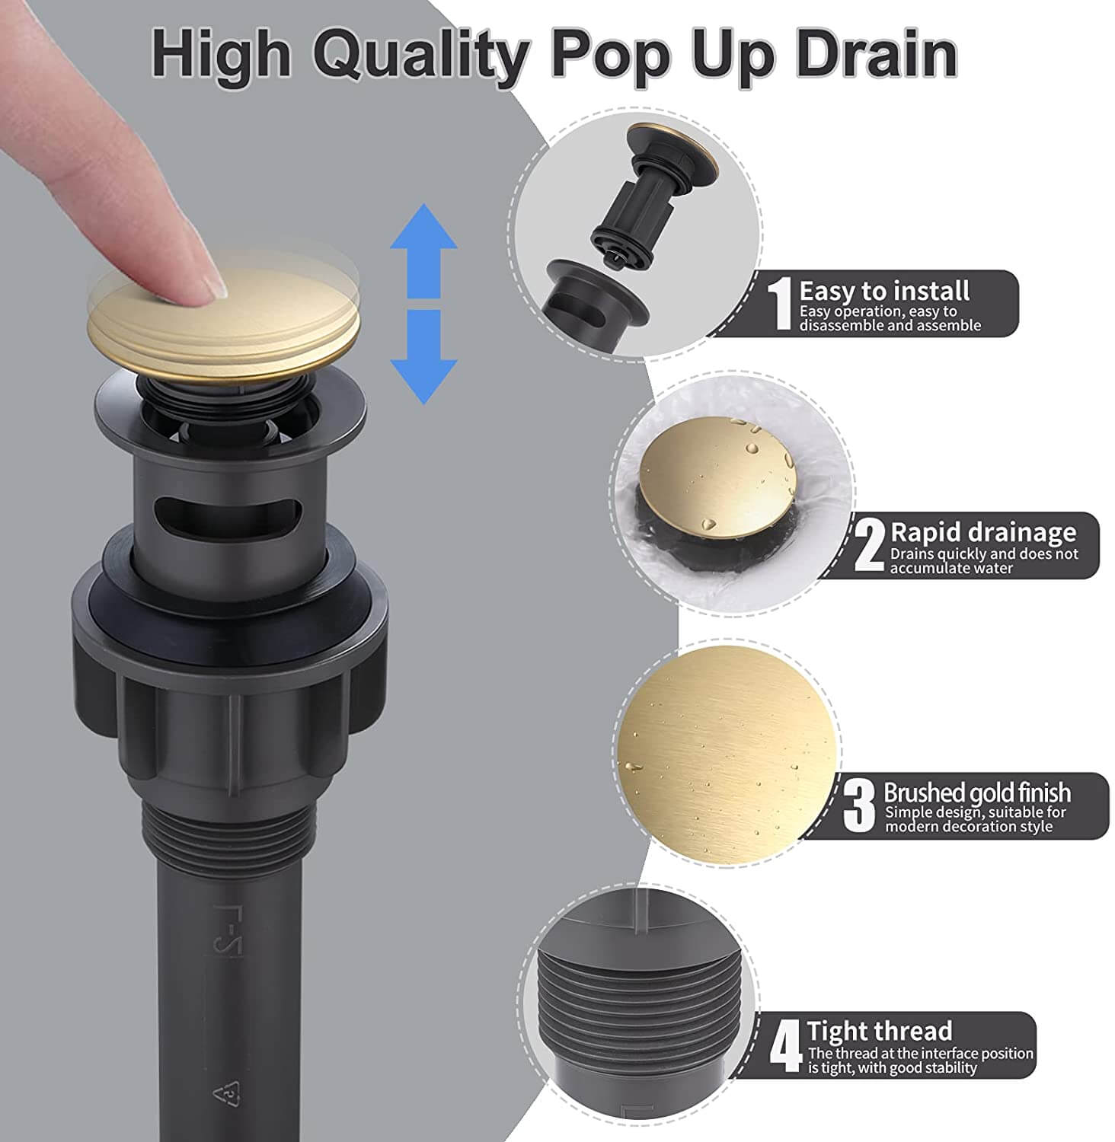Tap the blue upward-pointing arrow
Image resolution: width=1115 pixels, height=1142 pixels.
pyautogui.click(x=423, y=251)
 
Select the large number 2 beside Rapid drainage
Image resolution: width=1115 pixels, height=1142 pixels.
pyautogui.click(x=870, y=545)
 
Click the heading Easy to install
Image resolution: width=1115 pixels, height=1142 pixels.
pyautogui.click(x=884, y=291)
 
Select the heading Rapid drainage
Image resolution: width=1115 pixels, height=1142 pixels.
pyautogui.click(x=983, y=532)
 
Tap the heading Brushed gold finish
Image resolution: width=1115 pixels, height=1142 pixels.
pyautogui.click(x=977, y=793)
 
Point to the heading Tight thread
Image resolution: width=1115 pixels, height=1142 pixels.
pyautogui.click(x=880, y=1031)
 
